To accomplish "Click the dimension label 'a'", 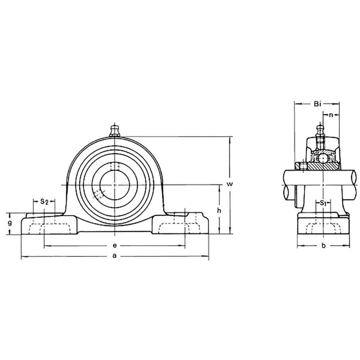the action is pos(114,256).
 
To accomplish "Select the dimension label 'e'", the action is pos(114,246).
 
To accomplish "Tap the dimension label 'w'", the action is pos(230,184).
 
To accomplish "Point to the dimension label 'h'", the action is pos(219,210).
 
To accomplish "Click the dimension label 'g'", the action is pos(10,223).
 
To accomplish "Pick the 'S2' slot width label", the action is pos(44,202).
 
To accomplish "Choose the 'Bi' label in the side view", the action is pos(317,104).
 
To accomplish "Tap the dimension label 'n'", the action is pos(330,115).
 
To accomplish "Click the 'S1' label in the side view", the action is pos(323,203).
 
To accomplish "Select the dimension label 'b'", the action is pos(324,246).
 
